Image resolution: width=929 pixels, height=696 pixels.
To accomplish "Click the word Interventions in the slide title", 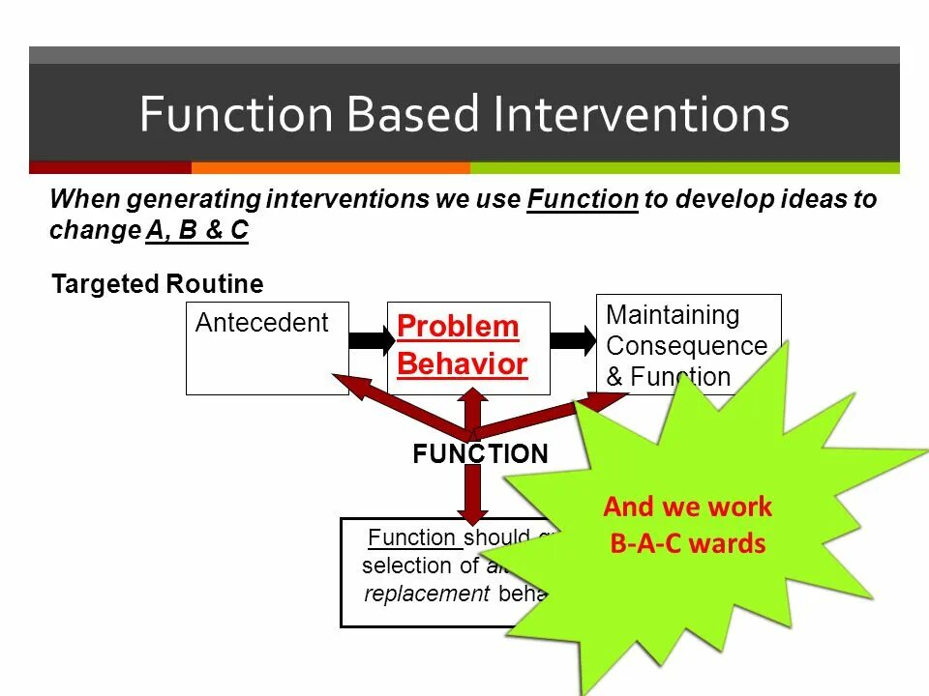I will coord(641,114).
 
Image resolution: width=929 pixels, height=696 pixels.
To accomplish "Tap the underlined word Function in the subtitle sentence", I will coord(583,200).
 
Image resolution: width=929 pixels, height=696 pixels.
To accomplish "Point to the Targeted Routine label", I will coord(157,284).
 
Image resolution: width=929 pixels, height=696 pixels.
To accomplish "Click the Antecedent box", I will coord(267,348).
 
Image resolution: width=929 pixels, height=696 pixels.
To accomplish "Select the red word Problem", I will coord(458,327).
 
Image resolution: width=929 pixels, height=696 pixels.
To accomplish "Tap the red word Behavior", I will coord(463,364).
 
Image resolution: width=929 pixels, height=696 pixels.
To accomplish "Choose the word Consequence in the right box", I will coord(686,346).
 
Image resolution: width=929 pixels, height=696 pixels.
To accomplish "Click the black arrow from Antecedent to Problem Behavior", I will coord(368,340).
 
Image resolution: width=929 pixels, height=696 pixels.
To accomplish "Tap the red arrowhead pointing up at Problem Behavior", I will coord(473,401).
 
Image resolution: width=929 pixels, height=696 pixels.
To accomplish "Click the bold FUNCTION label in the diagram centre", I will coord(480,454).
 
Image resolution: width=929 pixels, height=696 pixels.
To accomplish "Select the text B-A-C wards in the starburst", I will coord(687,543).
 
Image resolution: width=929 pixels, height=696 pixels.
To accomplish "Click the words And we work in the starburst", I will coord(687,507).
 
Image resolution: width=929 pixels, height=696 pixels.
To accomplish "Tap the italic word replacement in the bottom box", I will coord(427,594).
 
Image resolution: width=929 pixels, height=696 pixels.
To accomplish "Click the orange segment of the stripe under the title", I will coord(330,167).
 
